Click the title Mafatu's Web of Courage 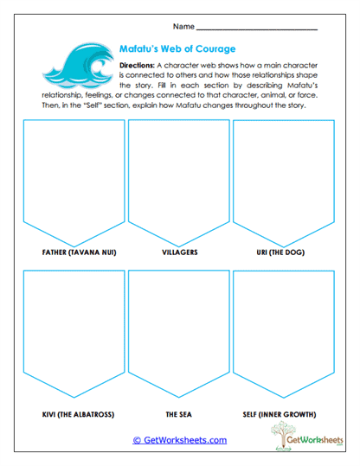tap(174, 49)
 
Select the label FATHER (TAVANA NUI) tap(73, 253)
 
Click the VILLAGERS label tap(179, 253)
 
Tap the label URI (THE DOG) tap(284, 253)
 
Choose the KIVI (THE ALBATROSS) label tap(73, 413)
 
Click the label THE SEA tap(179, 413)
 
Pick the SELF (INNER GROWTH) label tap(284, 413)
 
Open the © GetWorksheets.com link tap(179, 440)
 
